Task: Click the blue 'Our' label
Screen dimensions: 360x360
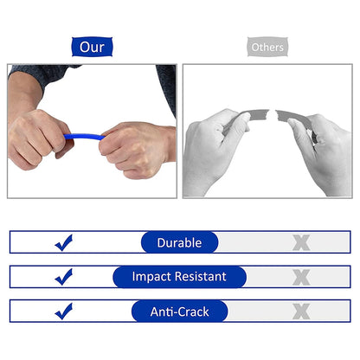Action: coord(93,46)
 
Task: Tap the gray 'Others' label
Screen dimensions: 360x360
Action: coord(267,46)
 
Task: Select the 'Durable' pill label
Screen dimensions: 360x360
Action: coord(179,242)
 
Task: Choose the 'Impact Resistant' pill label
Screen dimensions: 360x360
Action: coord(179,277)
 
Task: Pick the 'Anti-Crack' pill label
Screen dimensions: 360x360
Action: coord(179,311)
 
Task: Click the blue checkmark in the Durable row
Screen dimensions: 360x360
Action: coord(64,243)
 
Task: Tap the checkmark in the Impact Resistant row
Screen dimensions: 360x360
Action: coord(64,277)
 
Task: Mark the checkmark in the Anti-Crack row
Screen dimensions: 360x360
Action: coord(64,311)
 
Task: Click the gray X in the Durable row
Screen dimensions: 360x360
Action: coord(300,243)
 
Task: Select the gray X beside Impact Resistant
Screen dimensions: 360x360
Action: coord(300,277)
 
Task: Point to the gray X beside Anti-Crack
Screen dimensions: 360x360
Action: coord(300,311)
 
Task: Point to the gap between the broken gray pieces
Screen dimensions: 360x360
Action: coord(268,116)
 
